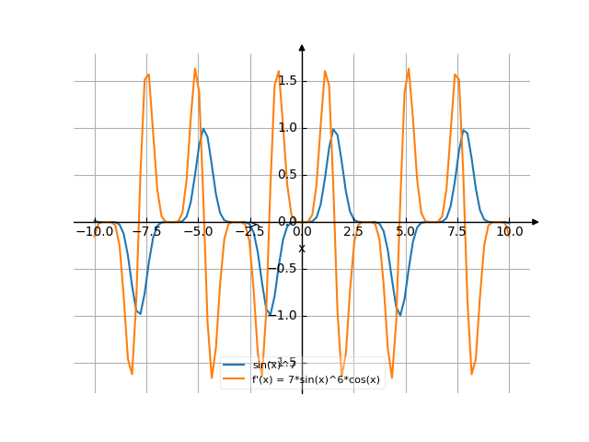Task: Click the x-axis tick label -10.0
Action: coord(95,232)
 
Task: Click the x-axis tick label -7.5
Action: coord(146,232)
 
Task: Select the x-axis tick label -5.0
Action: coord(198,232)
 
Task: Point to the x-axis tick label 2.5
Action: coord(353,232)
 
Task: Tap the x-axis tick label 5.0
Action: coord(406,232)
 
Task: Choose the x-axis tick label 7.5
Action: coord(457,232)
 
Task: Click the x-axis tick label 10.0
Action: coord(509,232)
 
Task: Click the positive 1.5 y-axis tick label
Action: coord(286,81)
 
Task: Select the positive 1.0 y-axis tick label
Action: coord(286,128)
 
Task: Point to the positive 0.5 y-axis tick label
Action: coord(286,175)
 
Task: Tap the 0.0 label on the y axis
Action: coord(286,222)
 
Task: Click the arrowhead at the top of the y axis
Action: coord(302,46)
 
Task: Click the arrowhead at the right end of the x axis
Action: coord(536,222)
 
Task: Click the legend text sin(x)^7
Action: coord(274,366)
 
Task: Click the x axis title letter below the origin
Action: coord(301,248)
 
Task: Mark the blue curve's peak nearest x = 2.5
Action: coord(335,131)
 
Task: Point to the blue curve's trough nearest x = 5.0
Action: coord(399,313)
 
